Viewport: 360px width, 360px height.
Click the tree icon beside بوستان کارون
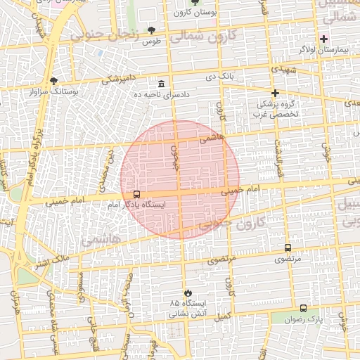click(x=195, y=3)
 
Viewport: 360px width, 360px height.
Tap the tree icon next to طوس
click(x=151, y=30)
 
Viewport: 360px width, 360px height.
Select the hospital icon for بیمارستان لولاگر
click(x=323, y=38)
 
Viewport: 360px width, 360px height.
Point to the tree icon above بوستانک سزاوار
click(x=54, y=81)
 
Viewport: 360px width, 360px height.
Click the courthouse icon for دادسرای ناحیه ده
click(x=161, y=84)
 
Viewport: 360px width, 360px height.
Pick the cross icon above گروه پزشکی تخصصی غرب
click(x=275, y=93)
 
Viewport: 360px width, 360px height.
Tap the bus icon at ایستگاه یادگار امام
click(x=136, y=194)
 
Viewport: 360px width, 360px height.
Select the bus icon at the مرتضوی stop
click(x=288, y=247)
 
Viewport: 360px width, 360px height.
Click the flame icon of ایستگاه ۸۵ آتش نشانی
click(x=186, y=292)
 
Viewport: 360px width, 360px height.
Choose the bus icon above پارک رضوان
click(x=303, y=308)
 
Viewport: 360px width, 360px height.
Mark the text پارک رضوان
click(x=303, y=319)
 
